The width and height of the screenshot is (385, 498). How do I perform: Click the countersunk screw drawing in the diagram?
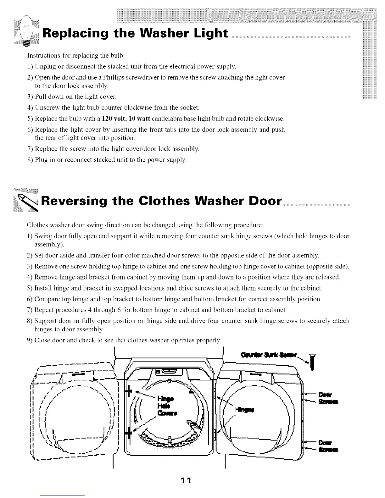(312, 361)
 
